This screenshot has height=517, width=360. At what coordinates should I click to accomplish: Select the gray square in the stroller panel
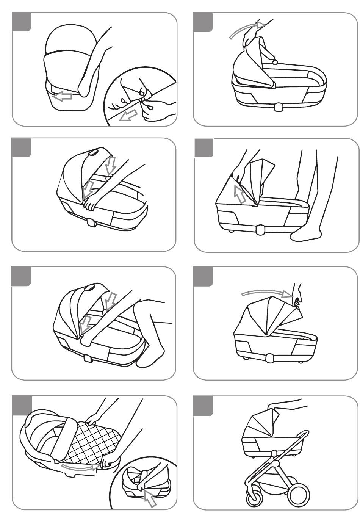point(203,405)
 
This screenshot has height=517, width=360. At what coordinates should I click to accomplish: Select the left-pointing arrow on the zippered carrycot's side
point(62,97)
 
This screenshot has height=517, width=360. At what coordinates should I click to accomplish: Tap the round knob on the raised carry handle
point(275,61)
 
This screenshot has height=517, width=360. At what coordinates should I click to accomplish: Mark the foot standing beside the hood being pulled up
point(305,235)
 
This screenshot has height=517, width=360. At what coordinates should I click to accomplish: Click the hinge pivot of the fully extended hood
point(266,334)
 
